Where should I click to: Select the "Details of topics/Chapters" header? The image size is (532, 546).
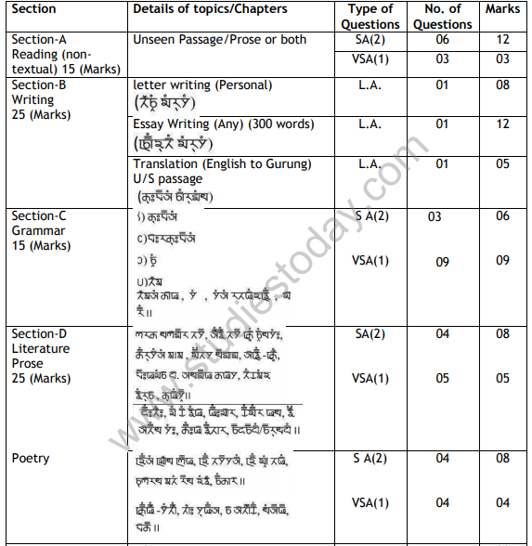[x=210, y=9]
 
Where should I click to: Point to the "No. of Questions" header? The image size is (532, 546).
[x=441, y=16]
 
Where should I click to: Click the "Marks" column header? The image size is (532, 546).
[x=502, y=9]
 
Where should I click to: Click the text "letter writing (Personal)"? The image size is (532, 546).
[x=202, y=84]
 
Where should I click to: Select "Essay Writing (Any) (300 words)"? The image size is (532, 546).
[x=210, y=123]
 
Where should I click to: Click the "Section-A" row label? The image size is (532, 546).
[x=39, y=40]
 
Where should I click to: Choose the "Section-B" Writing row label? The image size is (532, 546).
[x=39, y=84]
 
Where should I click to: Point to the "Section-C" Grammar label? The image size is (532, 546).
[x=39, y=216]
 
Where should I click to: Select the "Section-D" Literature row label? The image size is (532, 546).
[x=39, y=333]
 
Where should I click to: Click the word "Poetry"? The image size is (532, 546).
[x=31, y=458]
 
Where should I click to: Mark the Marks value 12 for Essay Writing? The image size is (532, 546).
[x=502, y=123]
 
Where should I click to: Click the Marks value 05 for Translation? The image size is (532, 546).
[x=502, y=163]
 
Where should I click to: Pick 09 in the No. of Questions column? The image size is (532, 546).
[x=441, y=261]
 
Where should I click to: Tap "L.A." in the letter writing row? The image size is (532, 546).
[x=370, y=84]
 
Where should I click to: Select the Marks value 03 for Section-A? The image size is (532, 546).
[x=502, y=59]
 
